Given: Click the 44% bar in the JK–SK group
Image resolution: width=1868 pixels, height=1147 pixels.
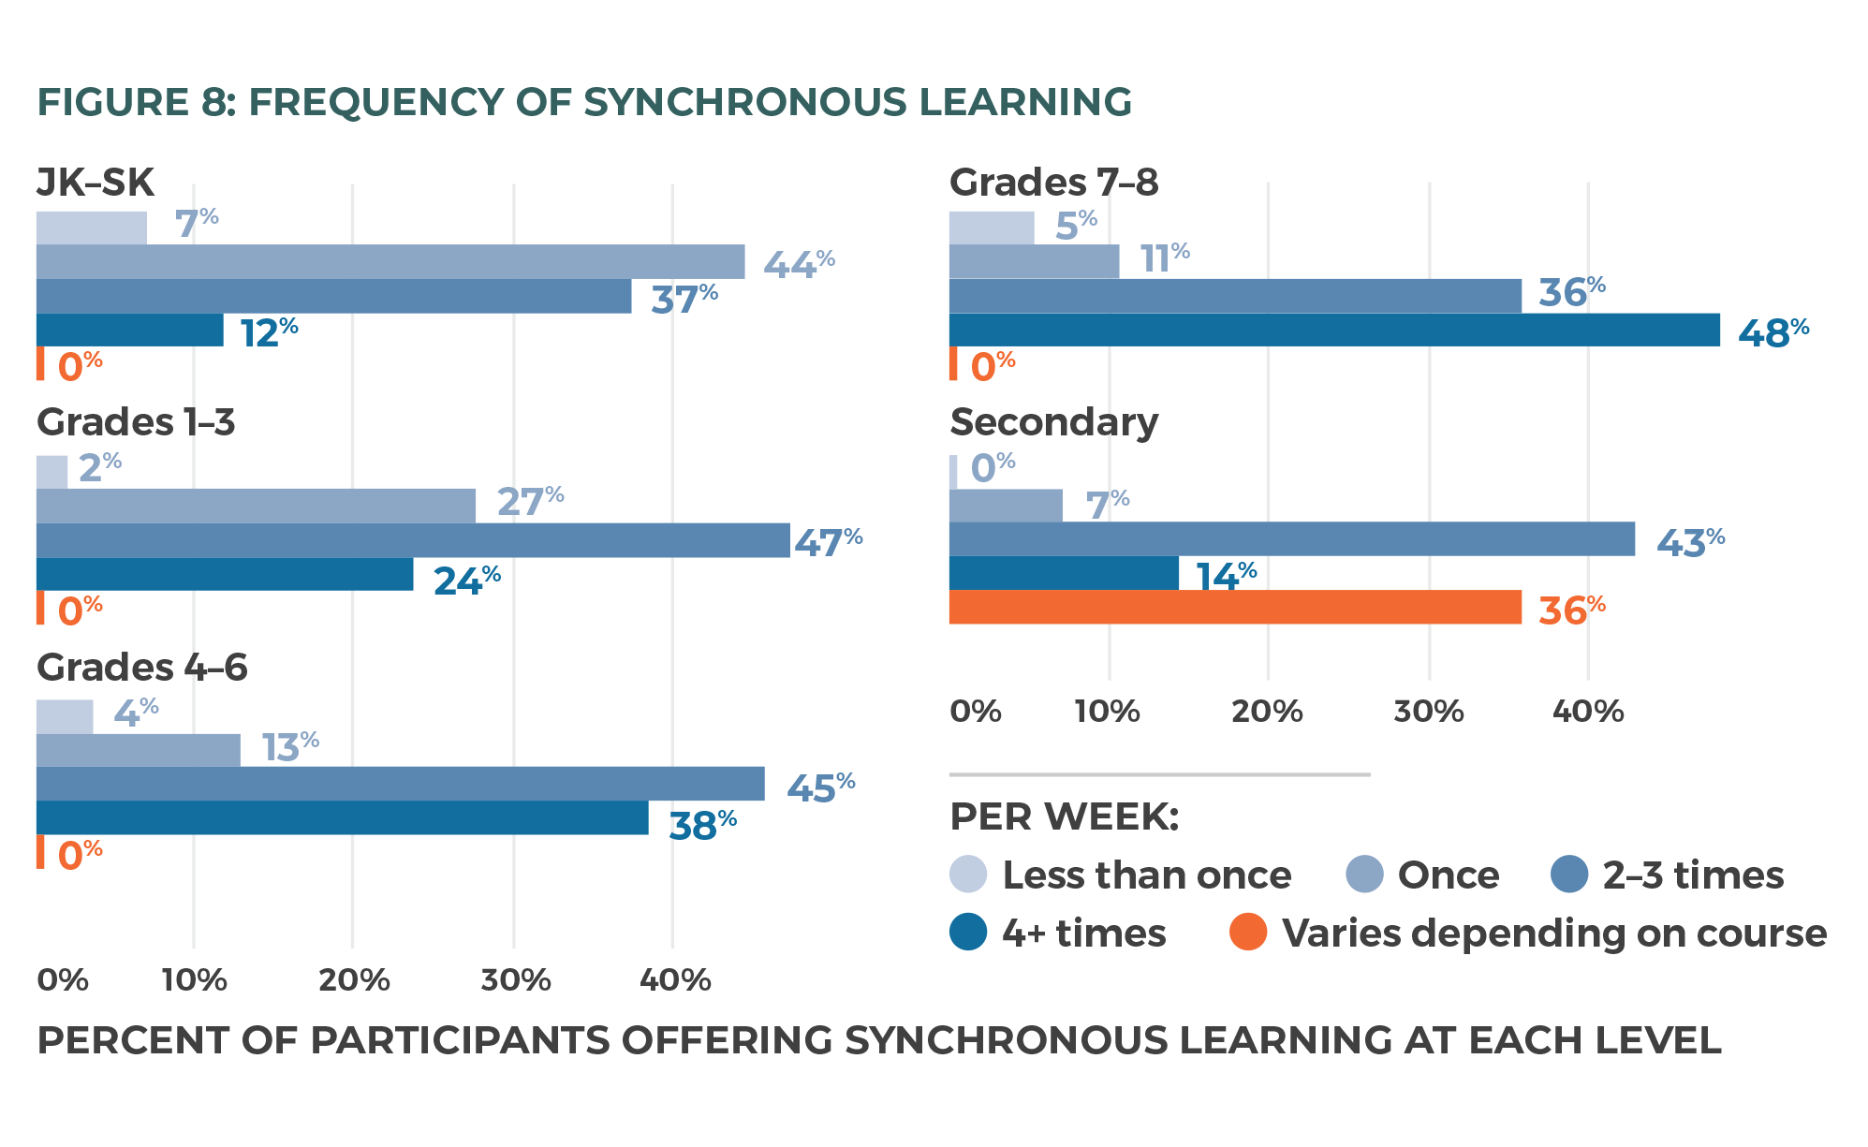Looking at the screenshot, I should tap(390, 262).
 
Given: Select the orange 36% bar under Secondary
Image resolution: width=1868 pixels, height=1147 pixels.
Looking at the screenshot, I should tap(1235, 607).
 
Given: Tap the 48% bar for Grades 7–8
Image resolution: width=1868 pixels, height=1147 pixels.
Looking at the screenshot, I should tap(1334, 330).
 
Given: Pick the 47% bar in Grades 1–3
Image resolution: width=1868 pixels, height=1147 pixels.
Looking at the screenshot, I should tap(413, 540).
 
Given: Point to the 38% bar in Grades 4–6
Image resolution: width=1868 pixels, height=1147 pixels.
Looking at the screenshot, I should tap(342, 817).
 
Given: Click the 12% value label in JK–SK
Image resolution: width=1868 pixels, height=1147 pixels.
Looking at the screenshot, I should tap(269, 332).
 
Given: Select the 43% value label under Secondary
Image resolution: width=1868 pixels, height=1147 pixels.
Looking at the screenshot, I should tap(1690, 542).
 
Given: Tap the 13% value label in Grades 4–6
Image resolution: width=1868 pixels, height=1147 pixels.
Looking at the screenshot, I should tap(289, 747).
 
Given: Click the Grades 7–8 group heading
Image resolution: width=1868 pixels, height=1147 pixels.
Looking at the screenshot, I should tap(1053, 183).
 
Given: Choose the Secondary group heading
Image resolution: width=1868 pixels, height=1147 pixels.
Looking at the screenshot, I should tap(1053, 422).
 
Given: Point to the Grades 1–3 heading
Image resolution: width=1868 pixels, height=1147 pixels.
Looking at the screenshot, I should tap(136, 422).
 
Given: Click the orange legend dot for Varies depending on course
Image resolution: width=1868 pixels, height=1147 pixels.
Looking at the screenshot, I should tap(1248, 932).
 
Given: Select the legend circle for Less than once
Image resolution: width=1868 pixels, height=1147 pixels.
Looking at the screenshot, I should tap(968, 875).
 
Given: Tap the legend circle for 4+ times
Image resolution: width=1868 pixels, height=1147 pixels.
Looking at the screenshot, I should tap(968, 932).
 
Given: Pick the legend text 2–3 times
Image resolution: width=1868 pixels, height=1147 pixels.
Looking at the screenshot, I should tap(1693, 875).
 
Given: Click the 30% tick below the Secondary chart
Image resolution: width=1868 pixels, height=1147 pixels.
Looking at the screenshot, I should tap(1428, 712).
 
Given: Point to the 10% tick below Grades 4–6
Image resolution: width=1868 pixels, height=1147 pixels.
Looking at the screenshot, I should tap(194, 980).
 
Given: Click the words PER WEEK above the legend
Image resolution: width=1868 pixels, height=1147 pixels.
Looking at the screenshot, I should tap(1064, 816).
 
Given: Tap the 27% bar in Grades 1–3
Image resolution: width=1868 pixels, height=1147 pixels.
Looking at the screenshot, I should tap(256, 506).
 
